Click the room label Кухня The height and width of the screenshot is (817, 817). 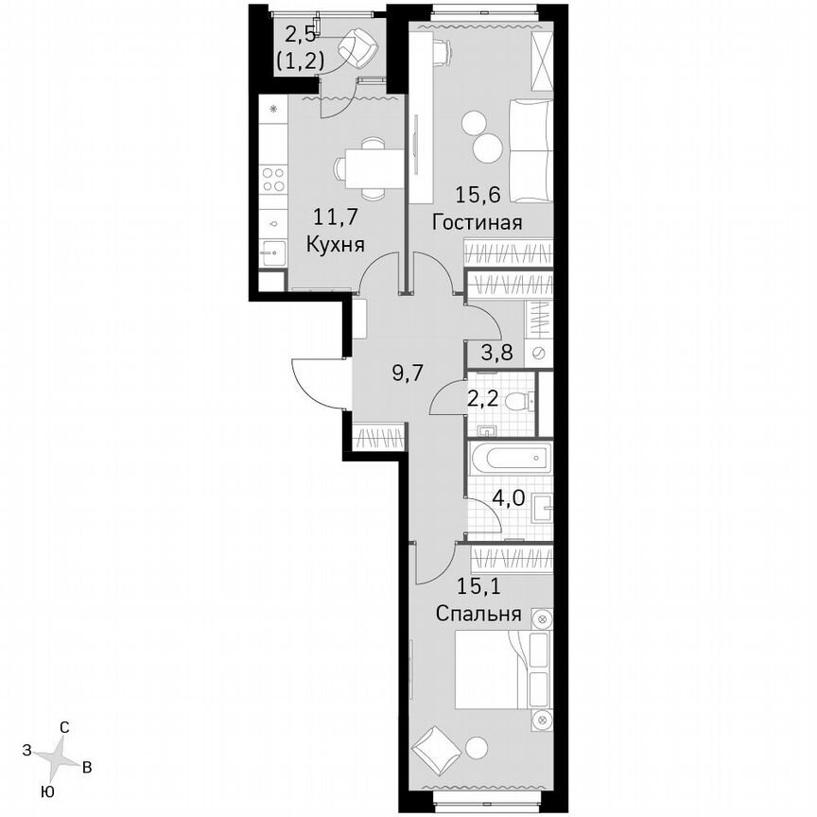point(337,243)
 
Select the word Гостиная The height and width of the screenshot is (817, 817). point(478,223)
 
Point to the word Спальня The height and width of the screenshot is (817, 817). point(478,614)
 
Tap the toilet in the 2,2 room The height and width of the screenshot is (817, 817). point(517,401)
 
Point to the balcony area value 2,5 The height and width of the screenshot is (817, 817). point(302,35)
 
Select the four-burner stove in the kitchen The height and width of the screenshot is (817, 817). point(273,179)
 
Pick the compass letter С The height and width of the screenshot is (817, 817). point(64,727)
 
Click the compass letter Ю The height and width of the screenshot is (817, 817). point(46,791)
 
